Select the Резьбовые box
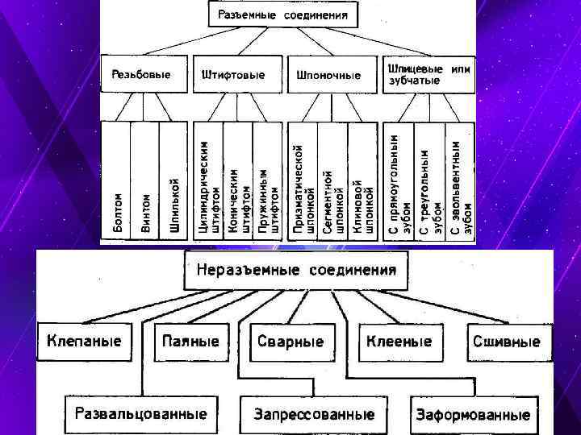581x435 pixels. pos(144,75)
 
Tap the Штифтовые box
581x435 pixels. pos(236,75)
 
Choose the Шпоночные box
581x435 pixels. pos(329,75)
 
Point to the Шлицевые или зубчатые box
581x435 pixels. pos(428,74)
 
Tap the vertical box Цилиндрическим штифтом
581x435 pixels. pos(209,181)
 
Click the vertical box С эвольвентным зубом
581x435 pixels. pos(461,181)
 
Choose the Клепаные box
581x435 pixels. pos(84,341)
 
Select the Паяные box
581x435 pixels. pos(191,342)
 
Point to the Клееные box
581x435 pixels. pos(399,342)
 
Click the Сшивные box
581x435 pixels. pos(506,342)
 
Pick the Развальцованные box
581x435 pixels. pos(140,414)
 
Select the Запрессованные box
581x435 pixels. pos(314,415)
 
